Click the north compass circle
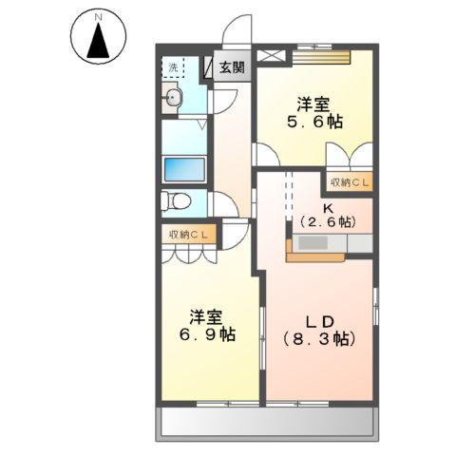click(96, 38)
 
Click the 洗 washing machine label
click(173, 67)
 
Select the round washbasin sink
click(174, 97)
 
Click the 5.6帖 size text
click(314, 123)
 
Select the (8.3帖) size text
click(317, 337)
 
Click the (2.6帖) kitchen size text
click(327, 221)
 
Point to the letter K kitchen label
click(326, 206)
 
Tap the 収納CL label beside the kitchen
click(351, 182)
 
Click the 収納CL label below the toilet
click(189, 235)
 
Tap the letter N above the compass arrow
click(96, 16)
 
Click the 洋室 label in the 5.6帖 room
click(314, 103)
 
